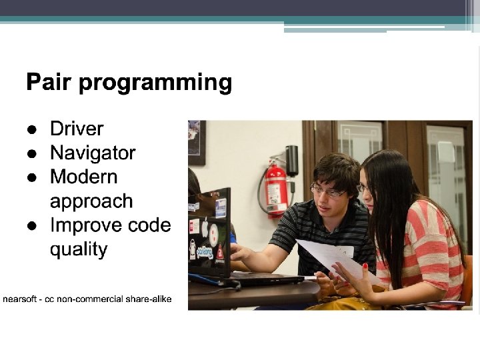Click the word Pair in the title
click(49, 81)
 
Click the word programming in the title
click(155, 83)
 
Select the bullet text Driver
click(77, 129)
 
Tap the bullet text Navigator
click(93, 153)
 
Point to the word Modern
click(84, 177)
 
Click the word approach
click(91, 202)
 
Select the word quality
click(79, 250)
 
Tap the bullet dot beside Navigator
click(32, 153)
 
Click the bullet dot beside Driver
click(32, 129)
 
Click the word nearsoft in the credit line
click(19, 299)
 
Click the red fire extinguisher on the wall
click(275, 190)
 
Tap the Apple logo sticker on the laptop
click(205, 227)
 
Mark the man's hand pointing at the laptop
click(240, 253)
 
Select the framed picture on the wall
click(197, 143)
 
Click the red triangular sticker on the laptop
click(220, 253)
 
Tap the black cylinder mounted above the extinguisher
click(292, 161)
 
